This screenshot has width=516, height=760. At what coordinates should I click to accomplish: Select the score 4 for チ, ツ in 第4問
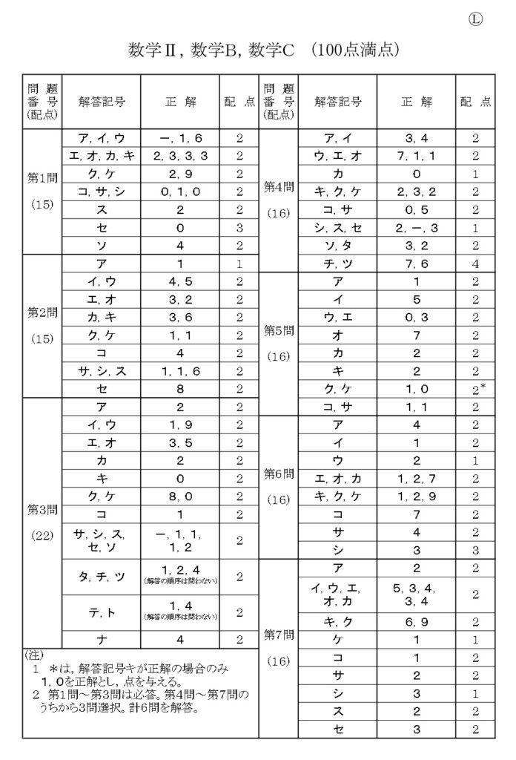click(475, 263)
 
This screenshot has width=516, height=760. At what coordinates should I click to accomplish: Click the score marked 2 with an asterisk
click(477, 388)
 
